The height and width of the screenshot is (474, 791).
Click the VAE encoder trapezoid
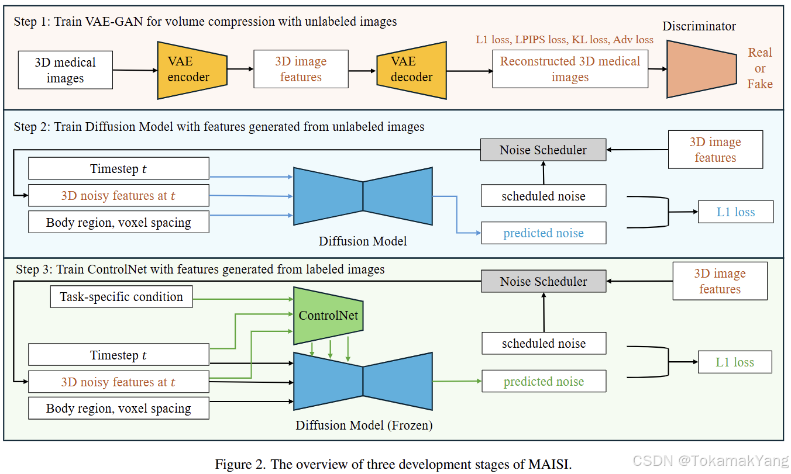click(192, 70)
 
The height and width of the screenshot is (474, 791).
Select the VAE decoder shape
click(412, 70)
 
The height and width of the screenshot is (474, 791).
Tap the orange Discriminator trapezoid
click(701, 69)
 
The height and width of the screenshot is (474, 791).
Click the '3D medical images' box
click(66, 70)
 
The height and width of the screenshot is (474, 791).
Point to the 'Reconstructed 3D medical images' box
click(570, 69)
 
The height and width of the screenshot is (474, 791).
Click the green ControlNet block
click(328, 316)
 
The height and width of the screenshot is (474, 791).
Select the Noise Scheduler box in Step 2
click(543, 150)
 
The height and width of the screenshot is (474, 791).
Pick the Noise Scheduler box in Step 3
click(544, 281)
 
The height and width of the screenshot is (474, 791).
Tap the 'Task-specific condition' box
click(122, 296)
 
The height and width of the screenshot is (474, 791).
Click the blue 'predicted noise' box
click(544, 233)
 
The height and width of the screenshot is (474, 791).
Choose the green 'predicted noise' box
click(544, 381)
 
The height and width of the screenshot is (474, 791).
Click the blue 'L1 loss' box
click(735, 212)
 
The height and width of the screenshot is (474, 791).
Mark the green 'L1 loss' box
click(735, 362)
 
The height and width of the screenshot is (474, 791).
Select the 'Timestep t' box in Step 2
click(119, 168)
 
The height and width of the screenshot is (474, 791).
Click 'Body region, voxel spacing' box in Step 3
click(119, 408)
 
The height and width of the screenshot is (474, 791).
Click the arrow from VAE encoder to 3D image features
click(240, 69)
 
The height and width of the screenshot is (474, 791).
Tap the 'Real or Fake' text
click(760, 68)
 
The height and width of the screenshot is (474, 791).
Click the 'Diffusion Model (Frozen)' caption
click(364, 425)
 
